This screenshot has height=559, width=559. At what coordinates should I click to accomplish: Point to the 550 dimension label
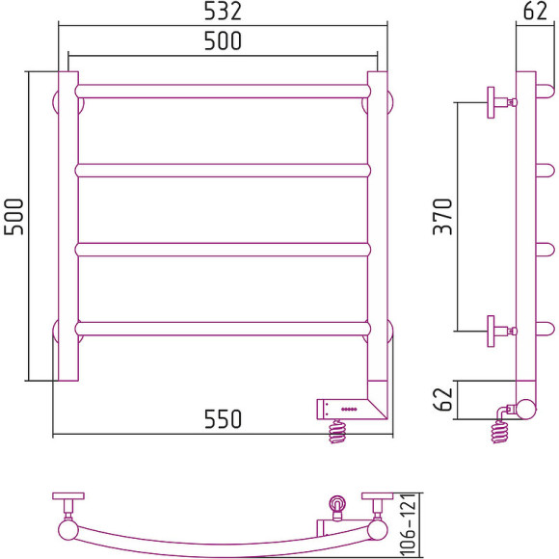click(222, 420)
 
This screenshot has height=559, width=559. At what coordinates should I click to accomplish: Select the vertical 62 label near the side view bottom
click(442, 400)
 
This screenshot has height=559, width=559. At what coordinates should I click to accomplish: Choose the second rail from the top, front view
click(222, 171)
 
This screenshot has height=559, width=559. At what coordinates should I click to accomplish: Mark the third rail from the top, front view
click(222, 250)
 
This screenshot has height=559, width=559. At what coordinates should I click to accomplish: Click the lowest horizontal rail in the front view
click(222, 328)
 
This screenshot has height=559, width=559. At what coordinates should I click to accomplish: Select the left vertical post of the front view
click(67, 226)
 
